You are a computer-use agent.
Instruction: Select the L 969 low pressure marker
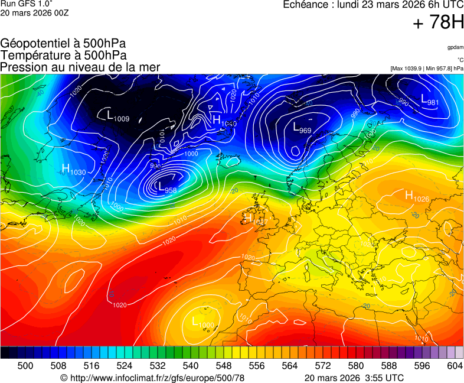tap(302, 127)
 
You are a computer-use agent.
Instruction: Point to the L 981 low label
tap(429, 100)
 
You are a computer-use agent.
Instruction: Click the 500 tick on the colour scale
tap(25, 366)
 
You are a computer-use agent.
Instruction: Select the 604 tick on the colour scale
tap(454, 366)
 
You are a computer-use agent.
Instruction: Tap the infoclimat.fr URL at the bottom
tap(152, 378)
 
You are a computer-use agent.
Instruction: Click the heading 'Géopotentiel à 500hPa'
tap(63, 44)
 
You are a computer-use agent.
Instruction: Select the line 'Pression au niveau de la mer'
tap(80, 67)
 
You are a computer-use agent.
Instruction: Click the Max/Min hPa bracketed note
tap(427, 69)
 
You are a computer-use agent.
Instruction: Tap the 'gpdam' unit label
tap(455, 47)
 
